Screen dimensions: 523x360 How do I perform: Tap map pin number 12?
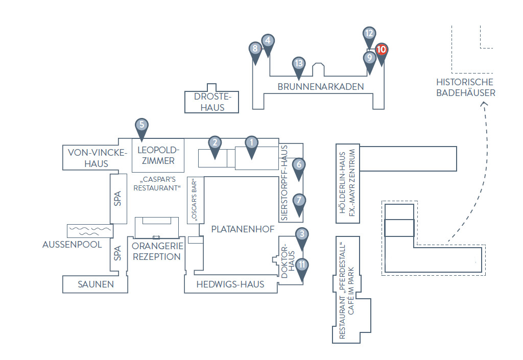pyautogui.click(x=369, y=36)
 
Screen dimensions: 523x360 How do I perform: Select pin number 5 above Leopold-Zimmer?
pyautogui.click(x=142, y=128)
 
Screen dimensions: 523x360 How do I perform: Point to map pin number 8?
pyautogui.click(x=255, y=52)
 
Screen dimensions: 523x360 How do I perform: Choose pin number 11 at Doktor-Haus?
pyautogui.click(x=302, y=268)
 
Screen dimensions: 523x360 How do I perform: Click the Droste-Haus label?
pyautogui.click(x=212, y=102)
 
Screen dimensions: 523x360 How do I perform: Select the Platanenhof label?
pyautogui.click(x=243, y=229)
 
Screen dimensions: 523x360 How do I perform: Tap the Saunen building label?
pyautogui.click(x=96, y=284)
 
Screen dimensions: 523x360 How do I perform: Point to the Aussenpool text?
pyautogui.click(x=72, y=244)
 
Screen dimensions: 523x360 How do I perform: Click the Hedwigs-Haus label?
pyautogui.click(x=230, y=284)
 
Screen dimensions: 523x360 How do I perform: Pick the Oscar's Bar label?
pyautogui.click(x=194, y=200)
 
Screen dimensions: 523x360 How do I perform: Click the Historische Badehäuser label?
pyautogui.click(x=466, y=87)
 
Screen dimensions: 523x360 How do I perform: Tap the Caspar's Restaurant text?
pyautogui.click(x=157, y=184)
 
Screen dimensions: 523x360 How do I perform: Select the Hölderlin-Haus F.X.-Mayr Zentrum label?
pyautogui.click(x=347, y=183)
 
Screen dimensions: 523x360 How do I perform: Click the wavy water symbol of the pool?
pyautogui.click(x=90, y=231)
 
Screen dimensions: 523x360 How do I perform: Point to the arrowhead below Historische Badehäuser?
pyautogui.click(x=484, y=104)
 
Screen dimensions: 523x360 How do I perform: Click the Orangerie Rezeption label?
pyautogui.click(x=157, y=251)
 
